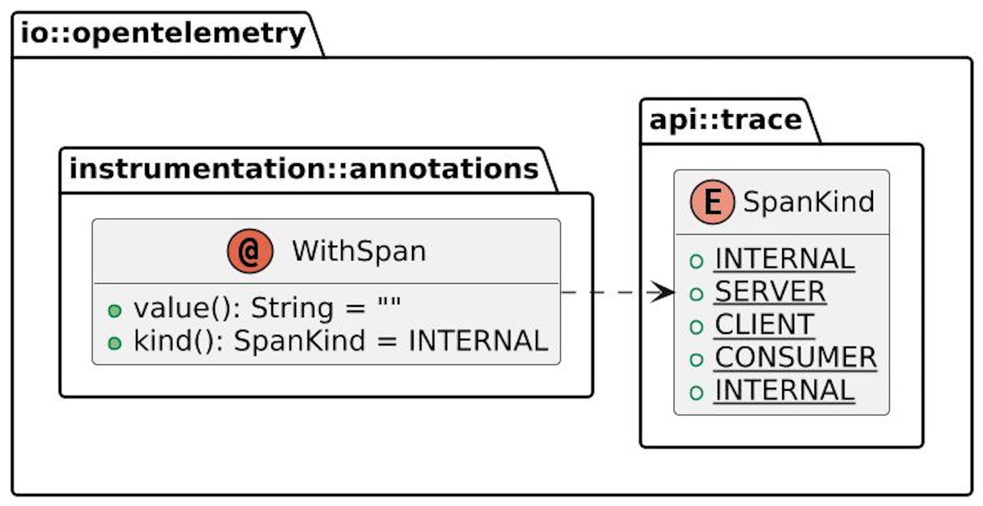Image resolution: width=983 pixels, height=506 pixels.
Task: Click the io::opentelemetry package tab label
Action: tap(163, 34)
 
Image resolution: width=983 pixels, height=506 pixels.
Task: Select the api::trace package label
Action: tap(725, 120)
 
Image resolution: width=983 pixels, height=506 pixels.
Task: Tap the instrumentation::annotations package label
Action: tap(304, 169)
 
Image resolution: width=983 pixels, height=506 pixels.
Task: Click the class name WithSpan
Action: tap(359, 251)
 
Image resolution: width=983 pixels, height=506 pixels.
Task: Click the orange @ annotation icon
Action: tap(250, 251)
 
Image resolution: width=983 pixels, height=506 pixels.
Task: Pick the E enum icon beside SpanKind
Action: tap(712, 202)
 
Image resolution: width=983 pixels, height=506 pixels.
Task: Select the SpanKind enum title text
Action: tap(808, 202)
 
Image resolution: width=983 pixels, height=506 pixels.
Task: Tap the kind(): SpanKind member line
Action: tap(340, 341)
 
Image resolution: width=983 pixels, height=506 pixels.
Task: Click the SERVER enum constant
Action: tap(770, 292)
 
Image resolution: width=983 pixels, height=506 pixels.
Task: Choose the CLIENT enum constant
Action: tap(764, 325)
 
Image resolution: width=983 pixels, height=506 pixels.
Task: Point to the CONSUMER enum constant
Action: tap(795, 357)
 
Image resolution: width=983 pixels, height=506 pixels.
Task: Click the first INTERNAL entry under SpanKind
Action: tap(784, 259)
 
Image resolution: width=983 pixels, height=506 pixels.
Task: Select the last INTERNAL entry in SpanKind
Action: tap(784, 390)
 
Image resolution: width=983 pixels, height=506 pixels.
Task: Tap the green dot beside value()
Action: tap(115, 310)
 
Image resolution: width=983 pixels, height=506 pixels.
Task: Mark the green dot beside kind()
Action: tap(115, 343)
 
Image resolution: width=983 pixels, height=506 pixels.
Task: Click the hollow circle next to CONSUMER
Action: tap(696, 360)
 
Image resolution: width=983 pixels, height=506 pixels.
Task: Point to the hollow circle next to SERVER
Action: tap(696, 294)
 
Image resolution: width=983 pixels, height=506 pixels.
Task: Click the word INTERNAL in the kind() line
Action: tap(478, 341)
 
